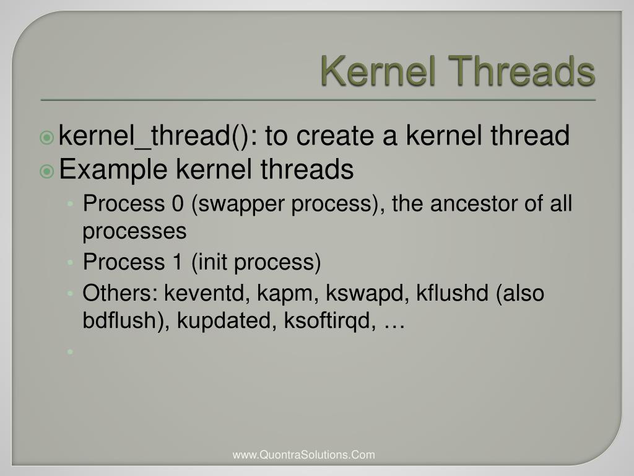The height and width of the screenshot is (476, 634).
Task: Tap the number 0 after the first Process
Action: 176,203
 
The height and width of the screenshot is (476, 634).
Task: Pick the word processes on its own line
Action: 134,231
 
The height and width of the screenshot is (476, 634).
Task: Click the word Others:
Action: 121,293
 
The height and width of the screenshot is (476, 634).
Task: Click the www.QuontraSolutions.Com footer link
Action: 303,455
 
